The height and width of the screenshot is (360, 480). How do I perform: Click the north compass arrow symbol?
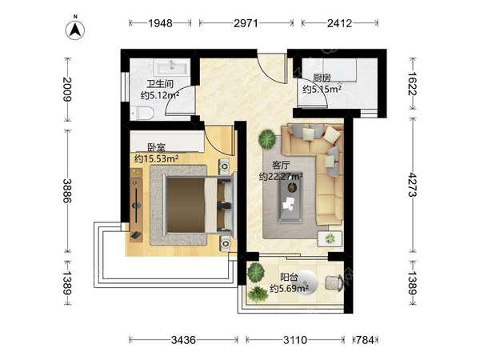click(75, 30)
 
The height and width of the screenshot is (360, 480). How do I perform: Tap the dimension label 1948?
click(161, 23)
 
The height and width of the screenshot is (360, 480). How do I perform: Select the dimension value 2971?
click(246, 23)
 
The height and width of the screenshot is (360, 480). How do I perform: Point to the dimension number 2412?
click(339, 23)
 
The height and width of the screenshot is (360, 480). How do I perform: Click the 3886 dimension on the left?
click(67, 190)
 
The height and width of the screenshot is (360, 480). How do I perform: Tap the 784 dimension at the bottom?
click(366, 340)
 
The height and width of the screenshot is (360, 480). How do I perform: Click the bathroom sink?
click(172, 67)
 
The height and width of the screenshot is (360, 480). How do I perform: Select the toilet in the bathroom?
click(142, 113)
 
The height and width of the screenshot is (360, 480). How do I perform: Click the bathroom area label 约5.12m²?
click(160, 95)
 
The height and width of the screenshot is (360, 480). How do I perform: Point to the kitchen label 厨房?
click(322, 78)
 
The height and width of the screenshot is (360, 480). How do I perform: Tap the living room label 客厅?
click(281, 166)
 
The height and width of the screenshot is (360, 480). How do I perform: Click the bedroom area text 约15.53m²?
click(157, 159)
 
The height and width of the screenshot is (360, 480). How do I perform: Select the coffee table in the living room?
click(290, 199)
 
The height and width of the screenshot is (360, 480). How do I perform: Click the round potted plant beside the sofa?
click(267, 139)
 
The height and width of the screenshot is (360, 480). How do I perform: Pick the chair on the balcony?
click(334, 282)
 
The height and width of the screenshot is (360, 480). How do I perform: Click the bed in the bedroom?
click(200, 205)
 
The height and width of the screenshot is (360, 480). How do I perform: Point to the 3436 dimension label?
click(183, 340)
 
